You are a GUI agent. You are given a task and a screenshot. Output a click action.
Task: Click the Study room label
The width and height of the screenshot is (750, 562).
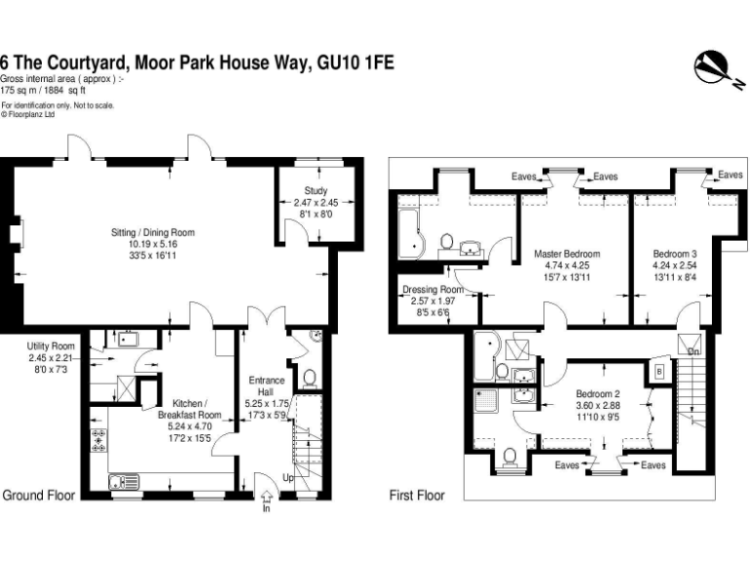pyautogui.click(x=315, y=191)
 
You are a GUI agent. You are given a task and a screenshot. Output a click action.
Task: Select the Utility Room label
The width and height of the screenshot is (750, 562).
pyautogui.click(x=51, y=346)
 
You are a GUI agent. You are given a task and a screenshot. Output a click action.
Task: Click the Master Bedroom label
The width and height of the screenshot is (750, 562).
pyautogui.click(x=566, y=254)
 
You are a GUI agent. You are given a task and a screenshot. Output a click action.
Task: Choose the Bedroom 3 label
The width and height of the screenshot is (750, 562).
pyautogui.click(x=675, y=254)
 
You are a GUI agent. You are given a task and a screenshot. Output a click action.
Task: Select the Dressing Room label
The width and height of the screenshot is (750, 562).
pyautogui.click(x=432, y=290)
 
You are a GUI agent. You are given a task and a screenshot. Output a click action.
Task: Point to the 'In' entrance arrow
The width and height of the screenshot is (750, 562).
pyautogui.click(x=267, y=500)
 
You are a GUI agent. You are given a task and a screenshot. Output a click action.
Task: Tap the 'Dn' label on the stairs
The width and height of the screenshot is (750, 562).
pyautogui.click(x=694, y=351)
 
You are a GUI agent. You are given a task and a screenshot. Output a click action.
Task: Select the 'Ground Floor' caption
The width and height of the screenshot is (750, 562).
pyautogui.click(x=39, y=496)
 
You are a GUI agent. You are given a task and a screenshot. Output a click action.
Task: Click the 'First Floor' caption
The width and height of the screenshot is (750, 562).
pyautogui.click(x=417, y=496)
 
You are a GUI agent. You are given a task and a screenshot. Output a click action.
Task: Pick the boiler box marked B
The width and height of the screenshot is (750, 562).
pyautogui.click(x=659, y=371)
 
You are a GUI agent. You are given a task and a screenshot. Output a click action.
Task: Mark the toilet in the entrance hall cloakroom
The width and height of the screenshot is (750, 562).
pyautogui.click(x=309, y=378)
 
